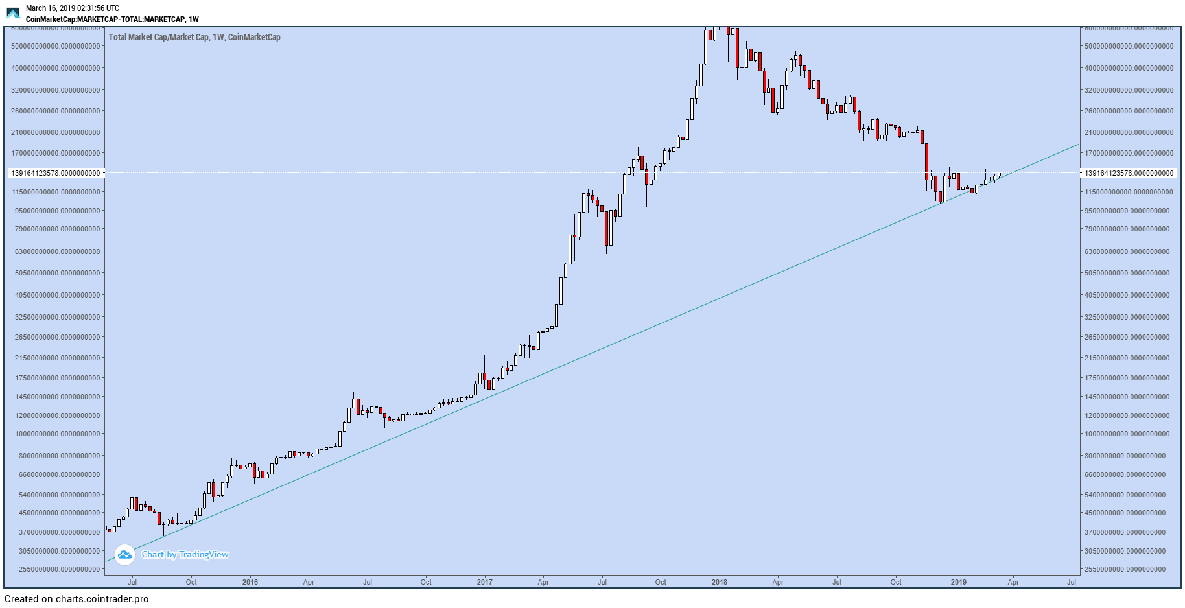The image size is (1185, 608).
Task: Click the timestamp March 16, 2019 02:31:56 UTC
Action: (72, 8)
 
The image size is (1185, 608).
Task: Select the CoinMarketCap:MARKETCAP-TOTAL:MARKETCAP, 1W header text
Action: (112, 19)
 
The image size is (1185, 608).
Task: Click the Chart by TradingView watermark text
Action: (185, 554)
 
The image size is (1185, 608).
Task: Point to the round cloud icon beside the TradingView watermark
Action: (124, 555)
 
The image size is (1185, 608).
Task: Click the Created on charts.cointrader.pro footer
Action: (76, 599)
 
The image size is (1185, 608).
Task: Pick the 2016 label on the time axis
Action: (250, 582)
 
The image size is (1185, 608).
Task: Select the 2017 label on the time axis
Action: (484, 582)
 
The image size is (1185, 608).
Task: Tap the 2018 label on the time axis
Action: (719, 582)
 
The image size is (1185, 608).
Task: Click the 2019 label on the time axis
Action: (958, 582)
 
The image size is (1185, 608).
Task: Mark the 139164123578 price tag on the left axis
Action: (56, 173)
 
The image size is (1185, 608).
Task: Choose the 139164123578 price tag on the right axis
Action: (1129, 173)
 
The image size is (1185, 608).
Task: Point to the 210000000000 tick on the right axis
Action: (1129, 132)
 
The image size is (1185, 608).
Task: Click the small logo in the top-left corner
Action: (13, 13)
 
